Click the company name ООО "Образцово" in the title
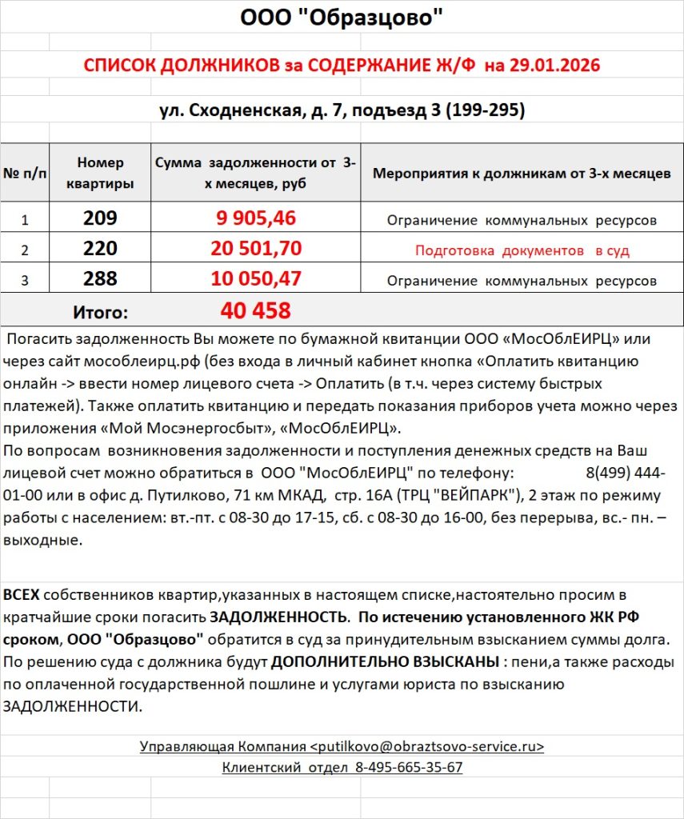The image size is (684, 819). (x=342, y=18)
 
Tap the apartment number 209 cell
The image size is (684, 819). (x=100, y=218)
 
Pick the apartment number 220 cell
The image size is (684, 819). (x=100, y=249)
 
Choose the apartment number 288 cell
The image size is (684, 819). (x=100, y=279)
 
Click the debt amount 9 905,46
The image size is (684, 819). (x=256, y=218)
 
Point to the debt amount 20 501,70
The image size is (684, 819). (x=256, y=249)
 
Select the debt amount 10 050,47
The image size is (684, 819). (x=256, y=279)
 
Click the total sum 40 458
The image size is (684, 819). (x=255, y=310)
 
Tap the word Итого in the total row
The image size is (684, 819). (x=100, y=311)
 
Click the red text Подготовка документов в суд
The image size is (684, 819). (x=522, y=250)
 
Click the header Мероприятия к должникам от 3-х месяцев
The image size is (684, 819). (x=522, y=174)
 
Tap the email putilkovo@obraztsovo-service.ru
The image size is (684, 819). (x=426, y=746)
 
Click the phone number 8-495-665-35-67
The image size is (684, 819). (x=409, y=767)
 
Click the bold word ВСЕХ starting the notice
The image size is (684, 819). (x=21, y=596)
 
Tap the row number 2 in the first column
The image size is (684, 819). (x=25, y=250)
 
